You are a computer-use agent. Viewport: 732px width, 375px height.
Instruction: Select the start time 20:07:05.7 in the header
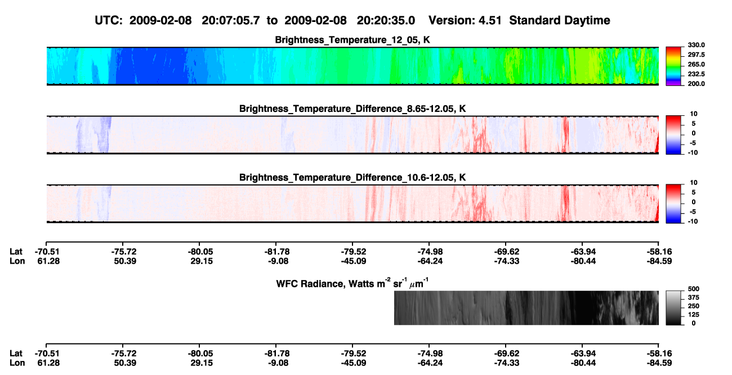[231, 20]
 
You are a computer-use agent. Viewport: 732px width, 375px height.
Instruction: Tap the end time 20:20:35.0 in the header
[386, 20]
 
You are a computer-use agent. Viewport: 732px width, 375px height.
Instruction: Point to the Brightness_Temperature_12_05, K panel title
[352, 40]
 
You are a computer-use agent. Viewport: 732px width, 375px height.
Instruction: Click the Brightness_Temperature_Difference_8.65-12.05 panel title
[352, 109]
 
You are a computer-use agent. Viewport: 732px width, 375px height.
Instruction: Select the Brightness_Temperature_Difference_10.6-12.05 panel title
[352, 178]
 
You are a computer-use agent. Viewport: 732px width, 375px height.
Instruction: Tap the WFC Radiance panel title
[352, 283]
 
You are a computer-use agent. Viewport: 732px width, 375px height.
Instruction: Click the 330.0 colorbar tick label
[696, 45]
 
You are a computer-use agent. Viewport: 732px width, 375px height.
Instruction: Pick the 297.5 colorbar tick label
[696, 55]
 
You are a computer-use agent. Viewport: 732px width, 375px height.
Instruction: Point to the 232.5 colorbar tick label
[696, 74]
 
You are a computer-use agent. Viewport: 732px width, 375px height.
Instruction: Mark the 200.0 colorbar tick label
[696, 84]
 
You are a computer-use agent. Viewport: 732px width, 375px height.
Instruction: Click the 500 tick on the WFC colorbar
[694, 289]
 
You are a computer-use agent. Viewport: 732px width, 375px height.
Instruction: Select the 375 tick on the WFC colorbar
[694, 297]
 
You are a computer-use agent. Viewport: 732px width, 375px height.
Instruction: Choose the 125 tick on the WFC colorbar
[694, 315]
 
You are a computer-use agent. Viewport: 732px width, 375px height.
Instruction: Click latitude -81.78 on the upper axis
[277, 252]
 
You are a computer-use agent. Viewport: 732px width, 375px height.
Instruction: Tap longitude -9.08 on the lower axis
[278, 363]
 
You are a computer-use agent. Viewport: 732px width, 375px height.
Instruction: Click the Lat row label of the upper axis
[16, 252]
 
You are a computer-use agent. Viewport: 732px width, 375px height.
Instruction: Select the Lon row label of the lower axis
[17, 363]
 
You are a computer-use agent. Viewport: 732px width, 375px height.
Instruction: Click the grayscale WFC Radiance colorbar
[673, 308]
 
